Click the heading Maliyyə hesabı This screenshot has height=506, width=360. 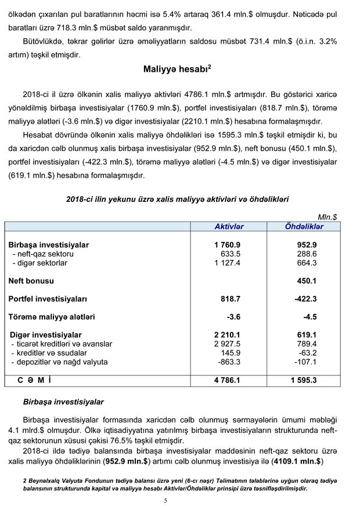(x=177, y=69)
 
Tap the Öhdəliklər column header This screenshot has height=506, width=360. (x=304, y=226)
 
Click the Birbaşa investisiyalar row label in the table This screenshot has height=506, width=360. (x=48, y=245)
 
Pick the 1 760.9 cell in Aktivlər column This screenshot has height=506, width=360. (x=228, y=245)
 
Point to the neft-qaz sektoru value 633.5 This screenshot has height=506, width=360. (x=231, y=254)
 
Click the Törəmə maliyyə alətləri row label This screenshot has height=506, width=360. (x=52, y=317)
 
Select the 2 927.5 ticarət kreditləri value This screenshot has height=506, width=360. (x=228, y=344)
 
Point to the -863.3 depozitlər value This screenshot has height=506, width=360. (x=230, y=362)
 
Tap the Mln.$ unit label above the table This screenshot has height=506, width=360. (x=327, y=216)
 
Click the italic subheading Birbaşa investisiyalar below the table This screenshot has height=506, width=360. (x=63, y=402)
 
